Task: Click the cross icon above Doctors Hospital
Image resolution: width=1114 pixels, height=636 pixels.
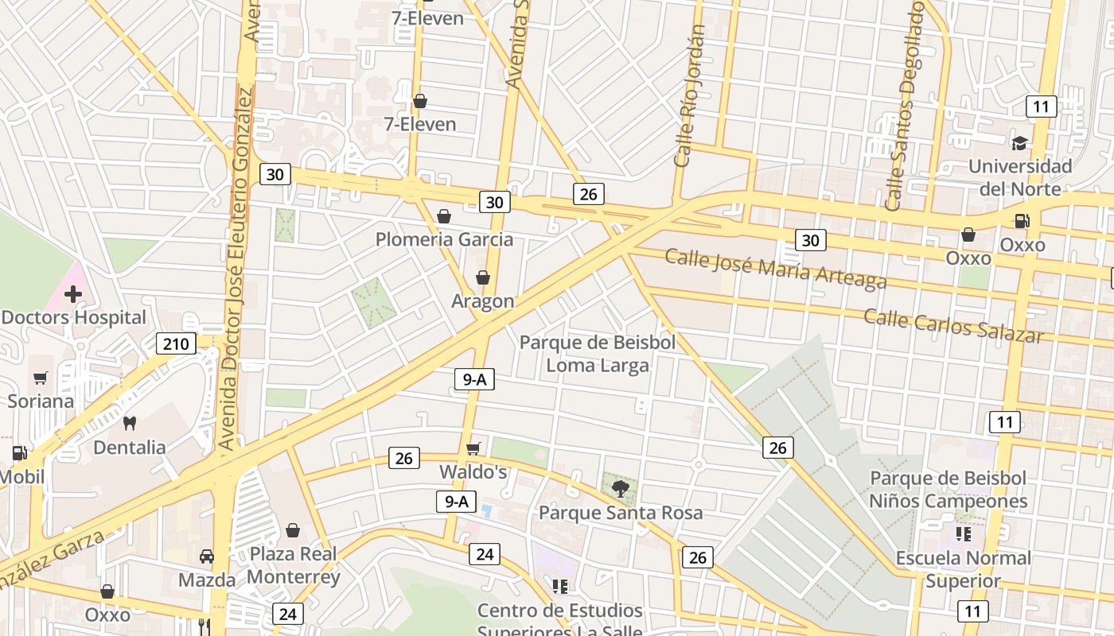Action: [73, 295]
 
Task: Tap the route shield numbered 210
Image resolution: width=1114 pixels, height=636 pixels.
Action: [176, 344]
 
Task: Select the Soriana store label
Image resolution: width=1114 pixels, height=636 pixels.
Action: [41, 401]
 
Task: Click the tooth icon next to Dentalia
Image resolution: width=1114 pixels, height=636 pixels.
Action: [130, 424]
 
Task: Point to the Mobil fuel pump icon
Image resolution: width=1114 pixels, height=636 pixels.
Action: [19, 454]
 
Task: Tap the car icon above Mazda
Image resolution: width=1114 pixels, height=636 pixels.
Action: [207, 556]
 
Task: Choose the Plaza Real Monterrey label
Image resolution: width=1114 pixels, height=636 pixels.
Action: [294, 565]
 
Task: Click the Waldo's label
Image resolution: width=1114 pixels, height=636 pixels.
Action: [473, 472]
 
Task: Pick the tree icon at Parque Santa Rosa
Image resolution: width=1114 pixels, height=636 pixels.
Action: [620, 489]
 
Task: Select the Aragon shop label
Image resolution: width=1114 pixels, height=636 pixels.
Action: [483, 301]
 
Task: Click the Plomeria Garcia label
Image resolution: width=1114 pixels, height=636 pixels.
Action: [444, 239]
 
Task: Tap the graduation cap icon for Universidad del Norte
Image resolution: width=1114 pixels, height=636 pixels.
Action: [1019, 143]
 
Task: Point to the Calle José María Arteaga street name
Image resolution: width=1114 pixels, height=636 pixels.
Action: [776, 269]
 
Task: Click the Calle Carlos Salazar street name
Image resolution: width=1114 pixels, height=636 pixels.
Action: [953, 326]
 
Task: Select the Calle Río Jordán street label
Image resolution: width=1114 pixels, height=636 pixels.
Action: [690, 95]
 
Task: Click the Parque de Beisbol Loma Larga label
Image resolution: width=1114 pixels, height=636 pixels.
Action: [598, 354]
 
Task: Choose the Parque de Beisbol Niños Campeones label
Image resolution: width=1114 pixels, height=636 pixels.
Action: [948, 490]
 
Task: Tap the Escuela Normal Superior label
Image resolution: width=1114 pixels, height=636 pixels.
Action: [964, 569]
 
